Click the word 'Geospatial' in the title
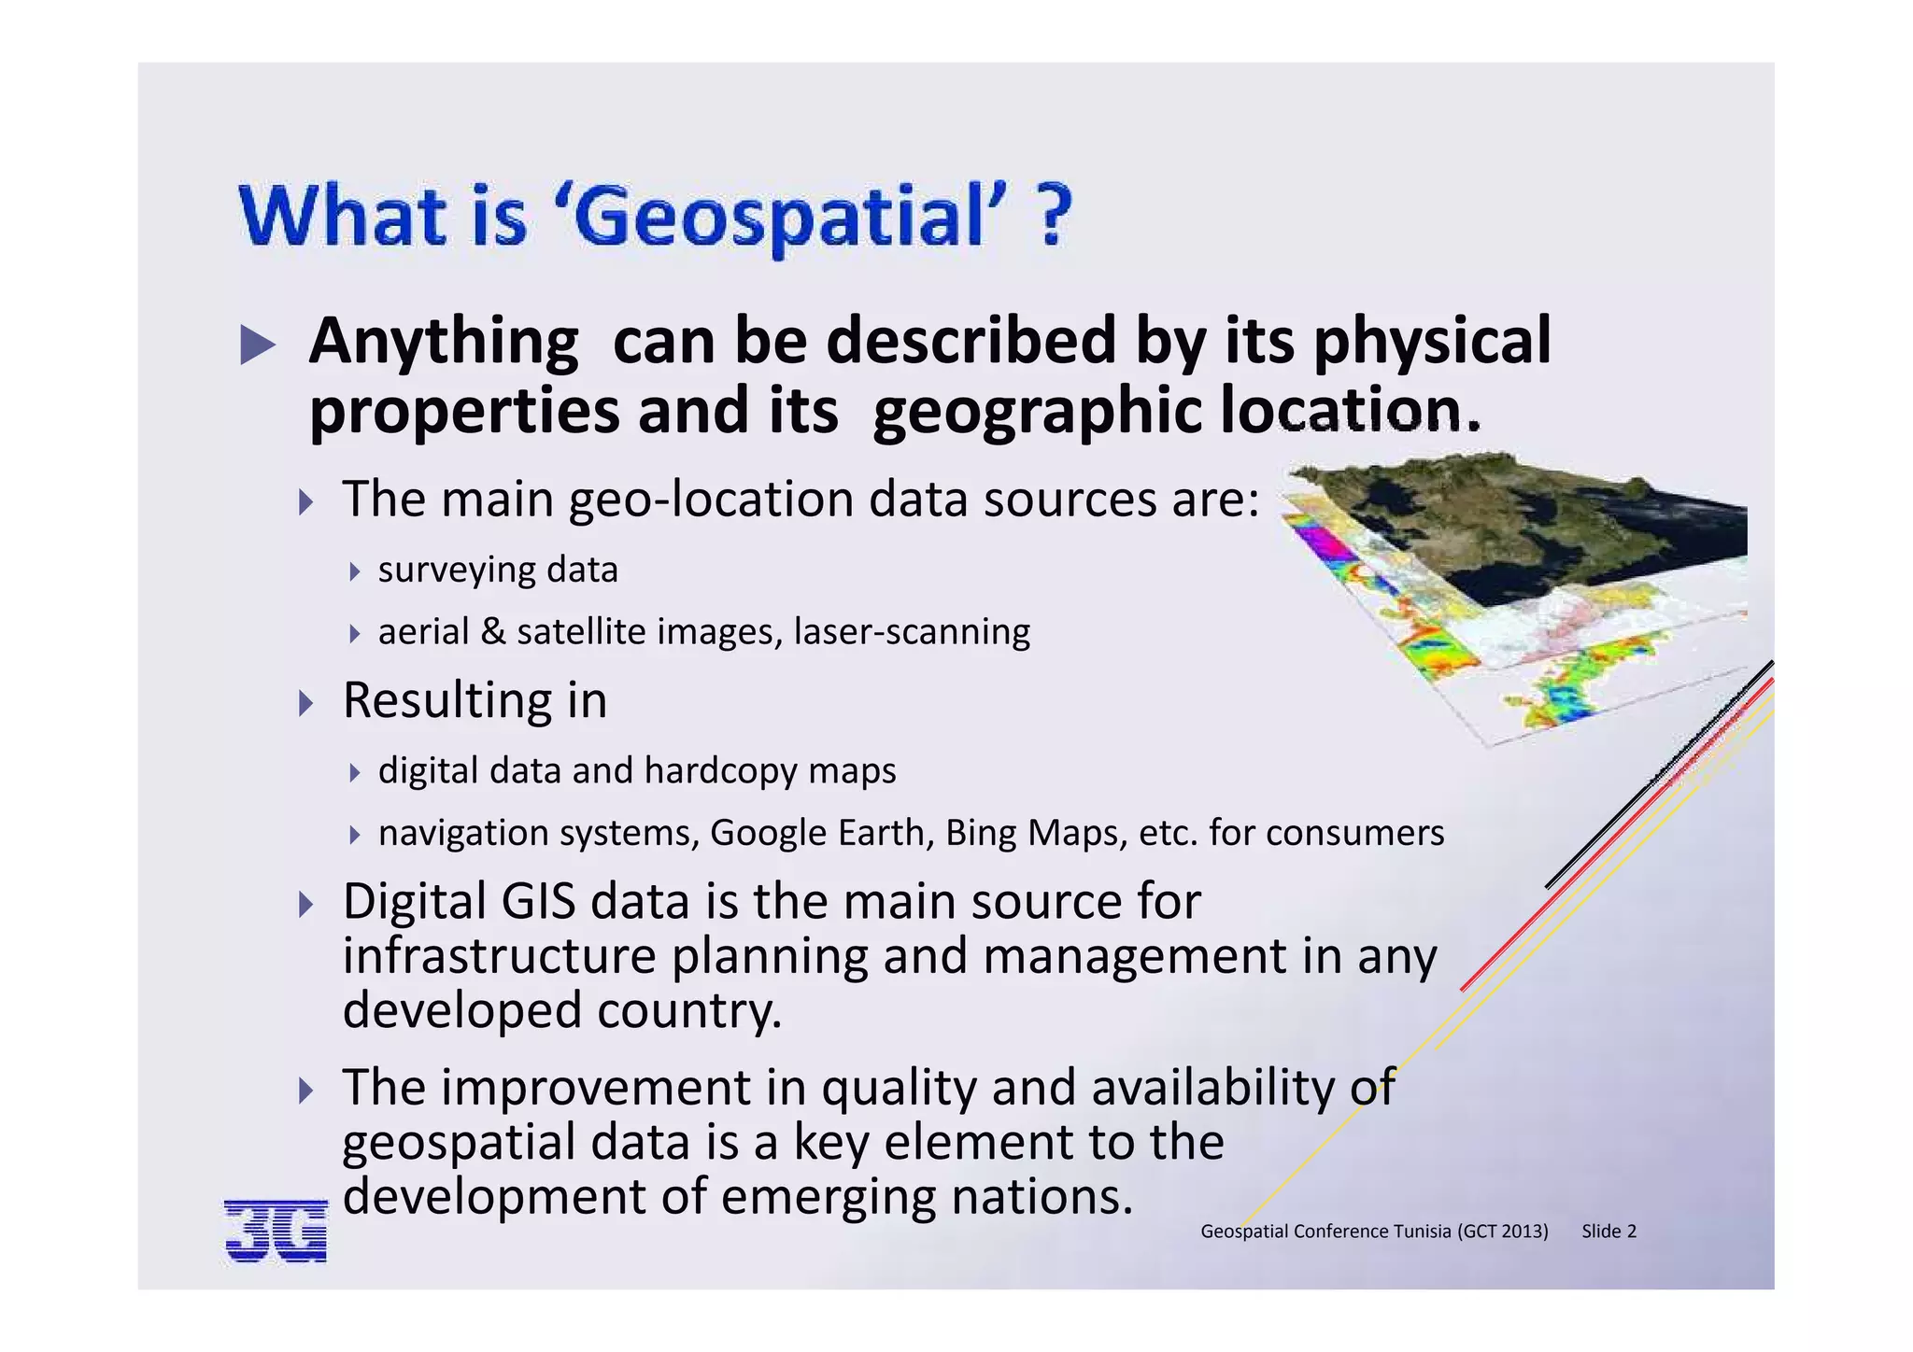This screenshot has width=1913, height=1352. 780,217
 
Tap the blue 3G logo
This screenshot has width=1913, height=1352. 276,1231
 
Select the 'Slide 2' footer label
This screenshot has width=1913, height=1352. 1608,1232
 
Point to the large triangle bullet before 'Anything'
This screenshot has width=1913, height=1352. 258,345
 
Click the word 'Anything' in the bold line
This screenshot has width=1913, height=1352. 444,342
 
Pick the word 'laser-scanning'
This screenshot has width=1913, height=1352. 912,632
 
